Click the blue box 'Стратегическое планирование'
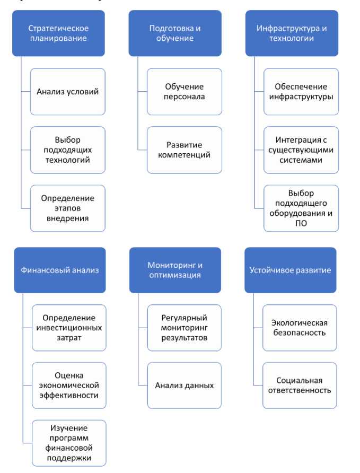[x=58, y=33]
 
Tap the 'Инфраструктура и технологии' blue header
[x=292, y=33]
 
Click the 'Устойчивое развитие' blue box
[x=290, y=270]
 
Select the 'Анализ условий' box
[x=67, y=91]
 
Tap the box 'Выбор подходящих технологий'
[x=67, y=150]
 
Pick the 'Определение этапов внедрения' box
[x=67, y=208]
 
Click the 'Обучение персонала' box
[x=184, y=91]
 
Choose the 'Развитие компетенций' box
[x=184, y=150]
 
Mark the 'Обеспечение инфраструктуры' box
[x=301, y=91]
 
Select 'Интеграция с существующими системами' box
[x=301, y=150]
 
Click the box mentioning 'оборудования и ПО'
[x=301, y=208]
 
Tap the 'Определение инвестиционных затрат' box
[x=69, y=327]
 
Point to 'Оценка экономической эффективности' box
[x=69, y=385]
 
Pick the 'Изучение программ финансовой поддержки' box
[x=69, y=443]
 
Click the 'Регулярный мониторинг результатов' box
[x=184, y=327]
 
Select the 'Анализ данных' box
[x=184, y=385]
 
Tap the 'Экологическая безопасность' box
[x=300, y=327]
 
